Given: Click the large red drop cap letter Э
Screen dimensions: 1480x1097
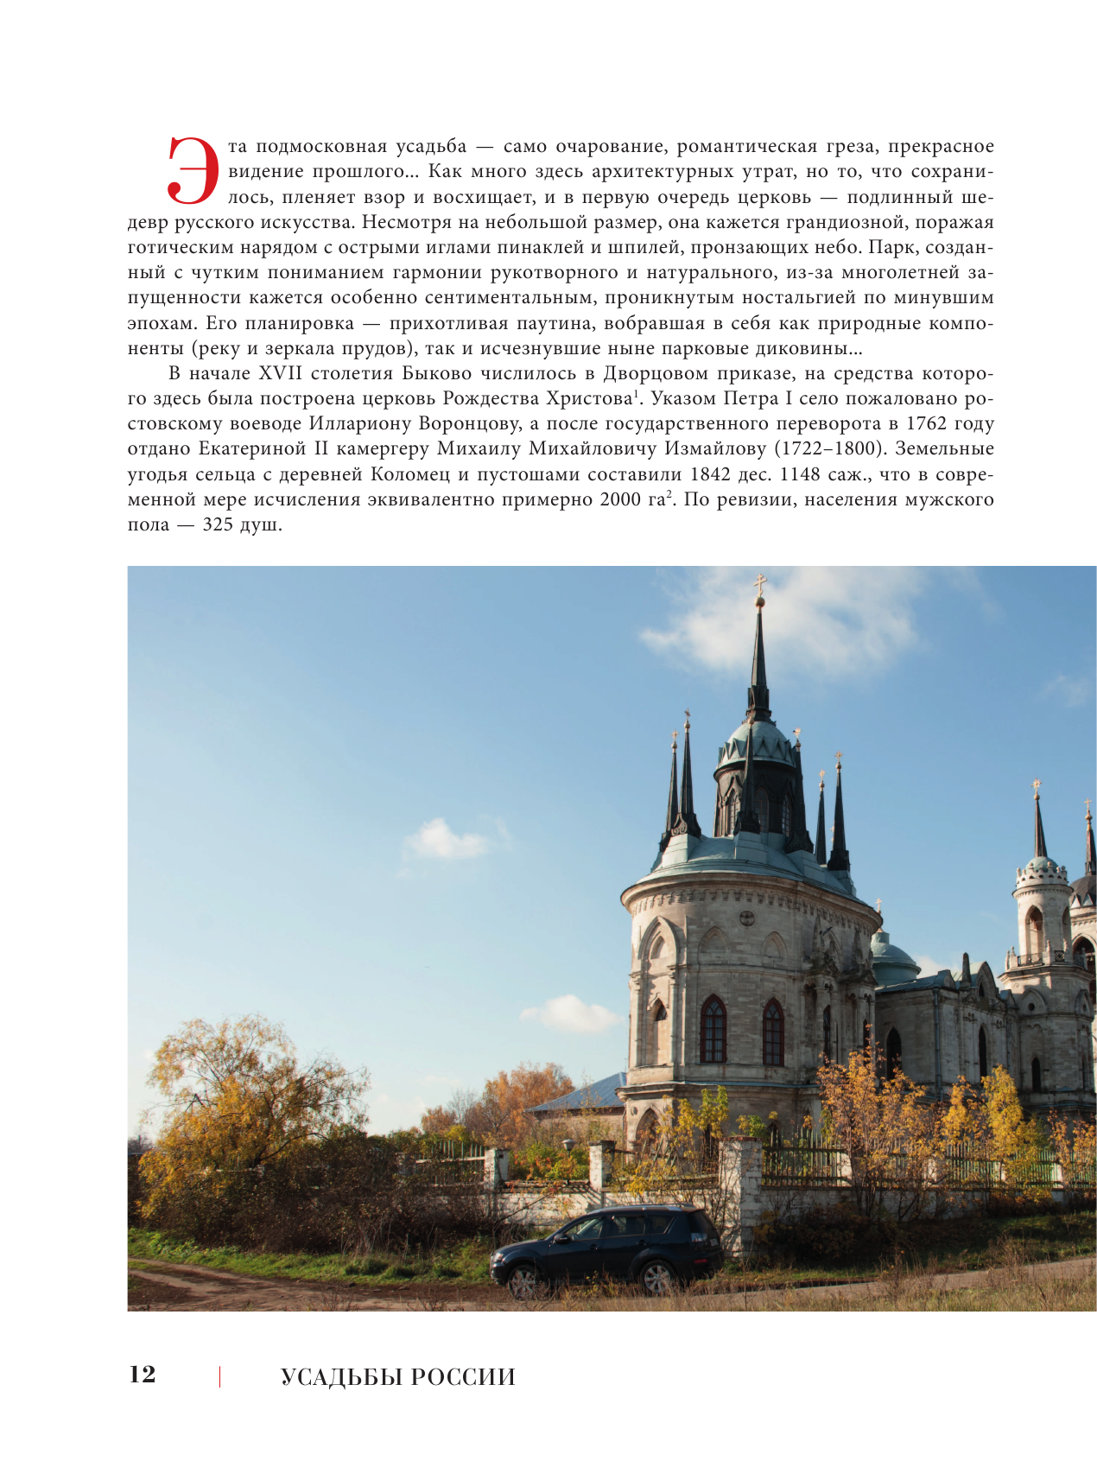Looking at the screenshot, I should point(192,170).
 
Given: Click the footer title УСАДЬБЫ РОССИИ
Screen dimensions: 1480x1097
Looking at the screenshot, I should point(397,1377).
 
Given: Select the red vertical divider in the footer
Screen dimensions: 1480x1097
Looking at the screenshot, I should point(219,1376).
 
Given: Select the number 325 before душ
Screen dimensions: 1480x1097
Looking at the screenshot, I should point(218,524).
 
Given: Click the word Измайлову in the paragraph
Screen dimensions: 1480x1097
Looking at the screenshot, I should point(725,448).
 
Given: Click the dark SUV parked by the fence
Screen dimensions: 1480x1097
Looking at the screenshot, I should point(607,1247).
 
